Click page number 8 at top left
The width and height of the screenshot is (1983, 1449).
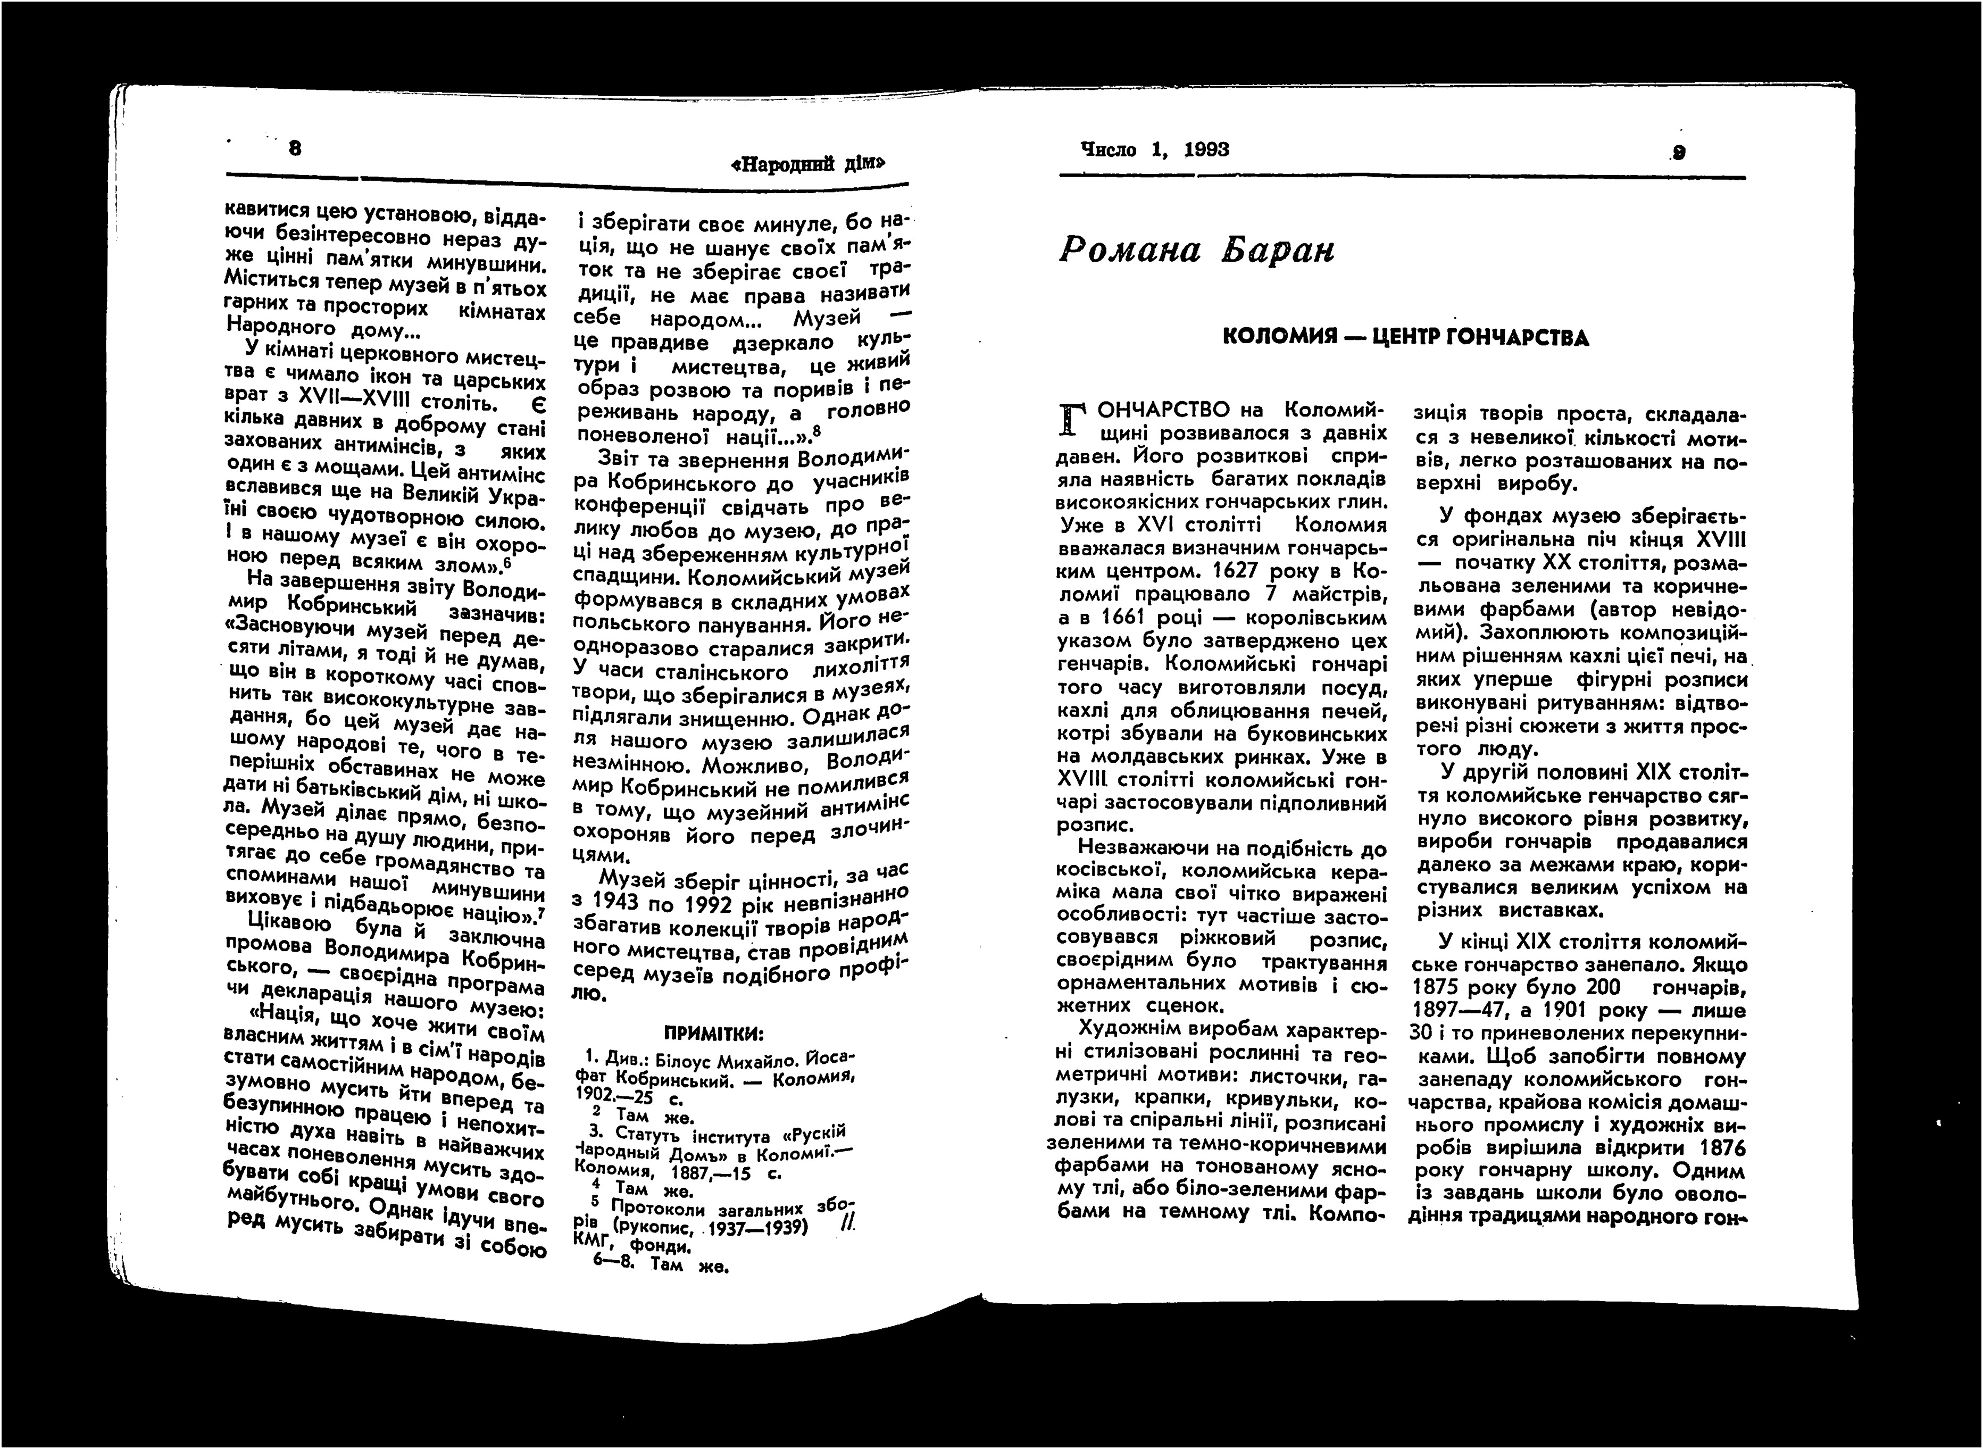[295, 148]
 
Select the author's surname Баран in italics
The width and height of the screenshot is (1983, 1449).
[1279, 251]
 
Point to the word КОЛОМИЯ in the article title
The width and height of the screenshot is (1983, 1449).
[1278, 337]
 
